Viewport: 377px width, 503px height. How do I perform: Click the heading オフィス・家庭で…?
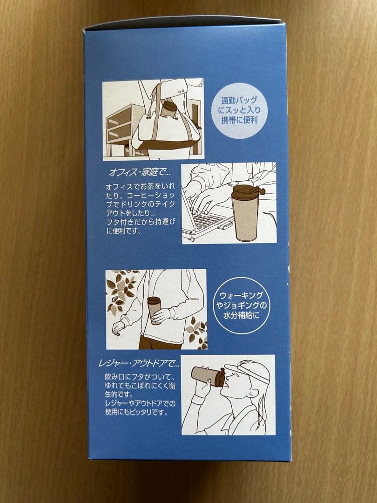140,173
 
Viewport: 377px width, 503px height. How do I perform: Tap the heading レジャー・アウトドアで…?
139,364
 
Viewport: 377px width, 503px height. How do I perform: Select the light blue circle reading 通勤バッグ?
240,111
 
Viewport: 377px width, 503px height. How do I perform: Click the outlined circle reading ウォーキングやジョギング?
242,306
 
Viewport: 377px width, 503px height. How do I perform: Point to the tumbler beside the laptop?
246,213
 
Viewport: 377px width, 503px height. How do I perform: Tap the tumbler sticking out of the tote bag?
168,109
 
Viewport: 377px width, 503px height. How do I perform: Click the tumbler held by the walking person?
154,310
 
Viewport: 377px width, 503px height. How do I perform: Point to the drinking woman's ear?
253,395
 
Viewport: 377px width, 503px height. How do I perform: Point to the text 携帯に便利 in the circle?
240,120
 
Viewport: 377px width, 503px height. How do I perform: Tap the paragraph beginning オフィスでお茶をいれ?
141,208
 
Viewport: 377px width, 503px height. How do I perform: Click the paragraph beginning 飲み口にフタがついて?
140,394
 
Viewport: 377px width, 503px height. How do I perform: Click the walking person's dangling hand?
117,327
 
